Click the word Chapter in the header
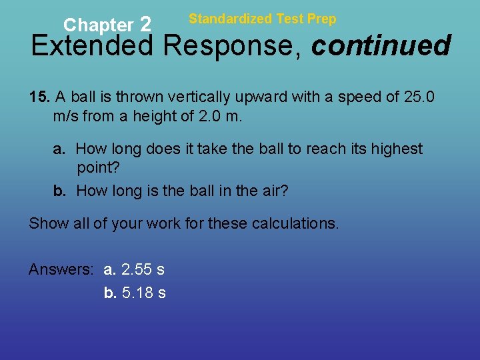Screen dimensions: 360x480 [x=98, y=26]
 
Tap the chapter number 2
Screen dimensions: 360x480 [x=146, y=25]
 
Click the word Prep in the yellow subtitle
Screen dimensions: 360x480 [x=323, y=19]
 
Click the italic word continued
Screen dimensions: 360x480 [x=381, y=46]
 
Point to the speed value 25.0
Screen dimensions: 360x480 [x=419, y=97]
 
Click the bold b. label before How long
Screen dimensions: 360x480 [x=60, y=191]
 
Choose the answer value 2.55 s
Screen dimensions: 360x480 [x=143, y=269]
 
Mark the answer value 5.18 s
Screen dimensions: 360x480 [x=144, y=293]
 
